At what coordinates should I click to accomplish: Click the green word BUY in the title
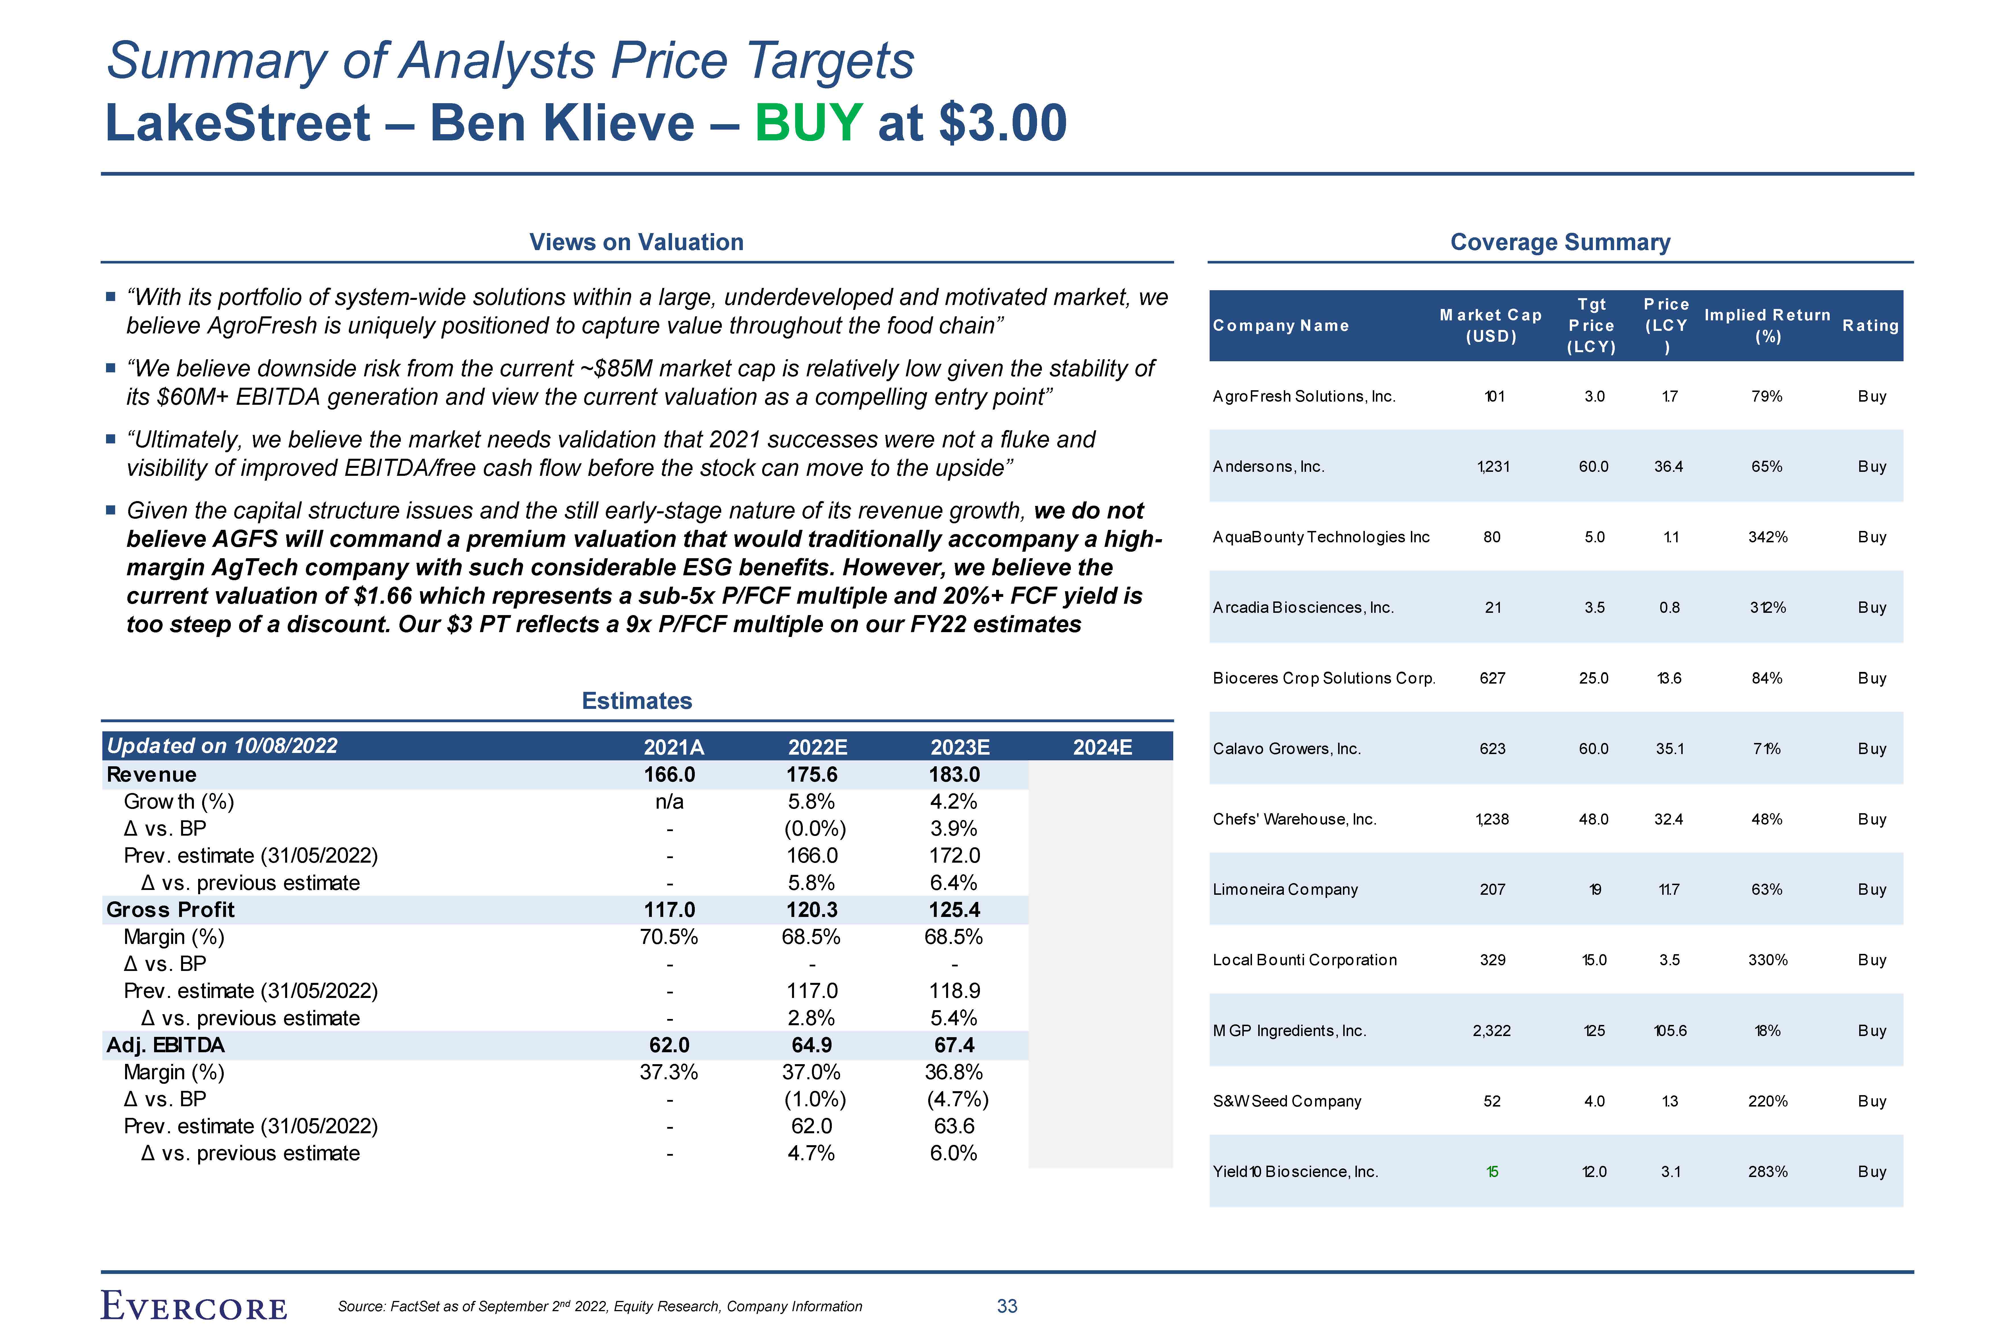(x=808, y=123)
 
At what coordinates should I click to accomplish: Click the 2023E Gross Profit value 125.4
(x=954, y=910)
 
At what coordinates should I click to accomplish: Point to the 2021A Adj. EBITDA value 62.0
(x=669, y=1045)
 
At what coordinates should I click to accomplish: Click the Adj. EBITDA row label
(x=165, y=1045)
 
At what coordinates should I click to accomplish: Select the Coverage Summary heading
(x=1560, y=242)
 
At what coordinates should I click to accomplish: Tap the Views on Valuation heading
(x=636, y=242)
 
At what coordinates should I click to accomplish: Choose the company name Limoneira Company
(x=1285, y=889)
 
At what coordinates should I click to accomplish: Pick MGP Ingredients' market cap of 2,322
(x=1492, y=1030)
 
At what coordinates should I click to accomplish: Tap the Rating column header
(x=1870, y=325)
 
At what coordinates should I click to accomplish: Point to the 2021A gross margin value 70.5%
(x=669, y=937)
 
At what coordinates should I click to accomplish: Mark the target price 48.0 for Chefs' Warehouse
(x=1593, y=819)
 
